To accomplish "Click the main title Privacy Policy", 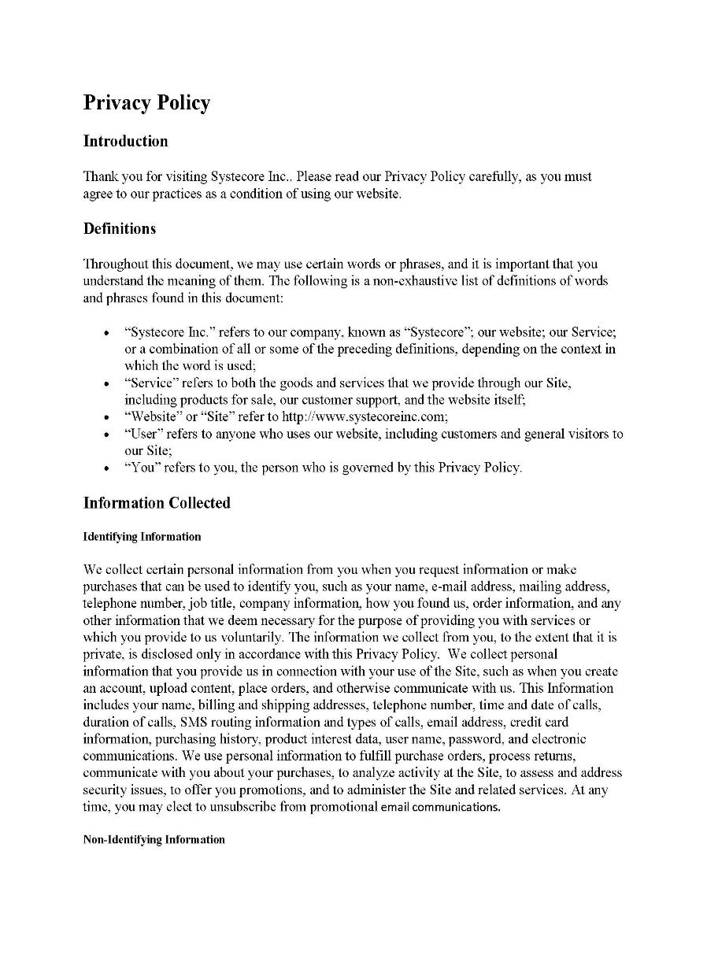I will coord(147,103).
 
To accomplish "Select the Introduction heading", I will coord(126,142).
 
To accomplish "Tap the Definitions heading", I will coord(120,229).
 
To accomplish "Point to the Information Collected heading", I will coord(157,503).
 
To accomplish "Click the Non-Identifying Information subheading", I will coord(154,840).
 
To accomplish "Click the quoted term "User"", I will coord(142,434).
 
